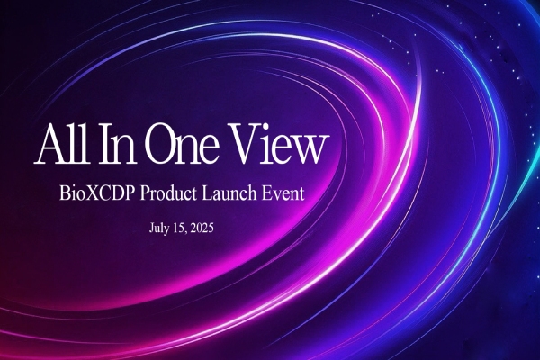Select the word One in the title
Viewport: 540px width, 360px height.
tap(182, 144)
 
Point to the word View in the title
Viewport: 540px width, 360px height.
tap(275, 144)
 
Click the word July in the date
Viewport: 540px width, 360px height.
tap(158, 228)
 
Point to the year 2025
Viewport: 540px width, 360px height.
tap(202, 228)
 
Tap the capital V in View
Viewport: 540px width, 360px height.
tap(244, 144)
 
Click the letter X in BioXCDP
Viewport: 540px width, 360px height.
tap(91, 193)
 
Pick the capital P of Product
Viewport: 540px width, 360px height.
tap(145, 193)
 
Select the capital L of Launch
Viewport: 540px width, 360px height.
tap(208, 193)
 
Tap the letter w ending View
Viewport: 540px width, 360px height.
tap(310, 150)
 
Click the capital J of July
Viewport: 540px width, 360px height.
tap(151, 228)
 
